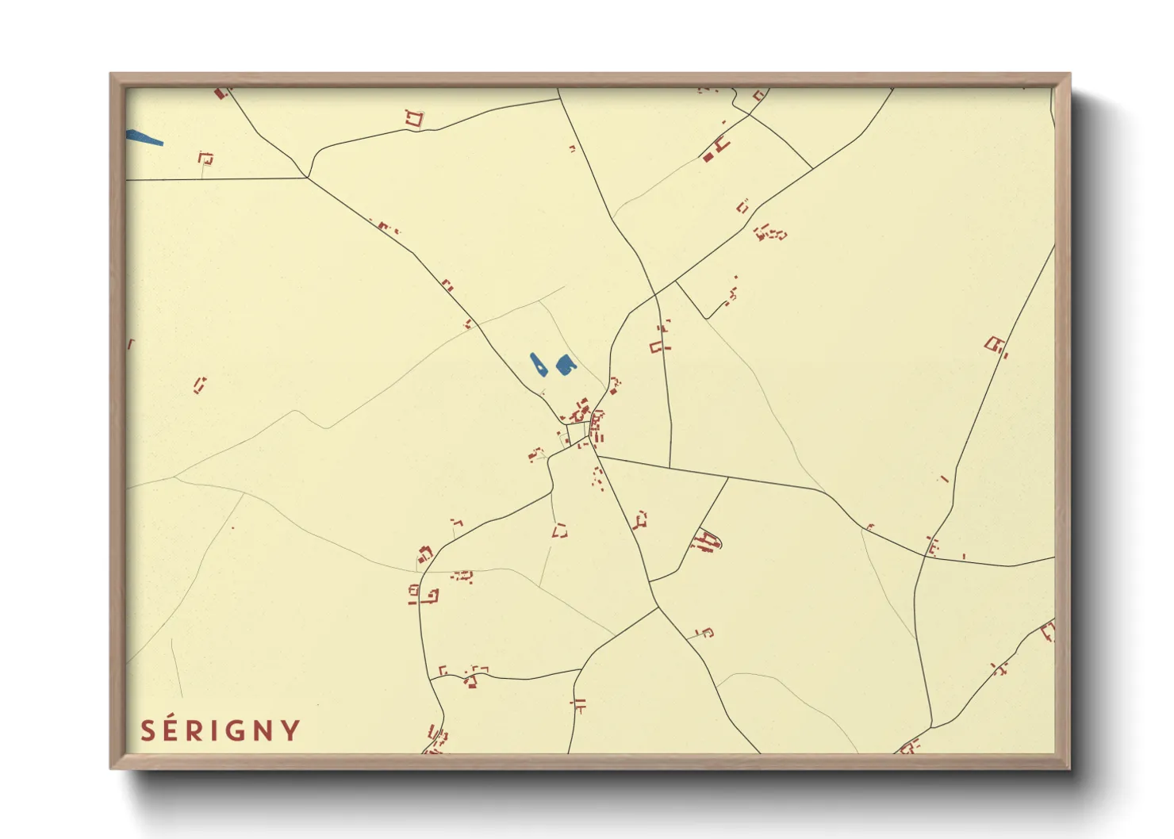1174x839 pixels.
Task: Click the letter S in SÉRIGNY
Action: click(x=148, y=731)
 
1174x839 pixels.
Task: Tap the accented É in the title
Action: click(x=174, y=730)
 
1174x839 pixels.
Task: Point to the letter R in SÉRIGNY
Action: click(x=197, y=731)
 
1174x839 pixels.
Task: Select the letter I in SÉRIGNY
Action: click(x=216, y=731)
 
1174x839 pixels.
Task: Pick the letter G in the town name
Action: click(x=236, y=731)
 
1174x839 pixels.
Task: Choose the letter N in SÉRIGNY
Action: click(x=264, y=731)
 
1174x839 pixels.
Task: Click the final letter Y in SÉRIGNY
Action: click(x=290, y=731)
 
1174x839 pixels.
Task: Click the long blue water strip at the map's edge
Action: click(x=144, y=137)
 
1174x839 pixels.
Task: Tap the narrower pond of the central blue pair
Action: click(x=537, y=365)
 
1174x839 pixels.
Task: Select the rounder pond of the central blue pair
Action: click(x=565, y=365)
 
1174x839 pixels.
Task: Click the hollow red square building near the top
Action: click(x=414, y=119)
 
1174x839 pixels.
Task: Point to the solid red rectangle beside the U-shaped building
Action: click(x=708, y=157)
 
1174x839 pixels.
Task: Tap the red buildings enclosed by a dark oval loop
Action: click(x=705, y=542)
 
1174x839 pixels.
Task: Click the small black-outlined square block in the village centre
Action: click(x=577, y=431)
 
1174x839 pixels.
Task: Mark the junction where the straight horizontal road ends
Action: click(x=307, y=178)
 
